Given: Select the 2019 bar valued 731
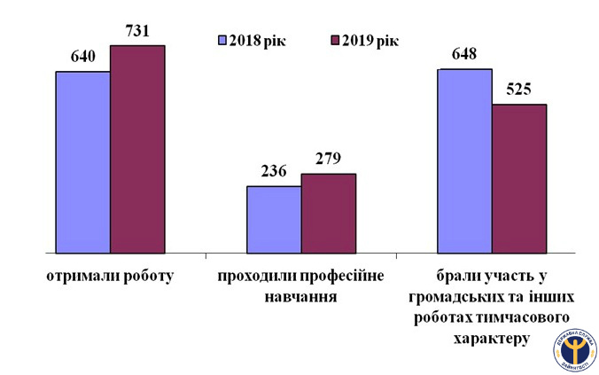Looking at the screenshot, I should [137, 150].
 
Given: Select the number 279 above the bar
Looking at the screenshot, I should [329, 160].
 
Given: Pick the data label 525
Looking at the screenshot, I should [519, 90].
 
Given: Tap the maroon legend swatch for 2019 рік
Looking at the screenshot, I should [335, 41].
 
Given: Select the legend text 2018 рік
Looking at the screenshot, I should [257, 41].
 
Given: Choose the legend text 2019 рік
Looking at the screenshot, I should [370, 41].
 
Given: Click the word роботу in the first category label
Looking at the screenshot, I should [143, 276].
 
